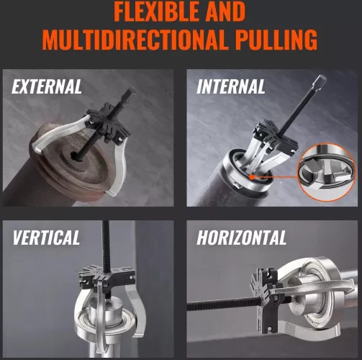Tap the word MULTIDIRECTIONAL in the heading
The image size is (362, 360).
(135, 40)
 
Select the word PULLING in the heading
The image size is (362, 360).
(276, 40)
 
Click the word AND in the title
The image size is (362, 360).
(226, 12)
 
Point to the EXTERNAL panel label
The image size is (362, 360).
(47, 86)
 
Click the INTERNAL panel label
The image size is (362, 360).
(231, 86)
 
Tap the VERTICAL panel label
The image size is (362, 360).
(46, 238)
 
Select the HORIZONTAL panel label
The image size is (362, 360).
(242, 238)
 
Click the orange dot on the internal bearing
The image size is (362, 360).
(251, 177)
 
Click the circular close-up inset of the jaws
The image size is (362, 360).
(327, 172)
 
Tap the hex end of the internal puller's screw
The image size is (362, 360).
(320, 80)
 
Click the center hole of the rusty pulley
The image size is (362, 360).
(75, 156)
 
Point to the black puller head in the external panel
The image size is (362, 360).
(109, 122)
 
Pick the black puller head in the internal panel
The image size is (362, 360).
(276, 135)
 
